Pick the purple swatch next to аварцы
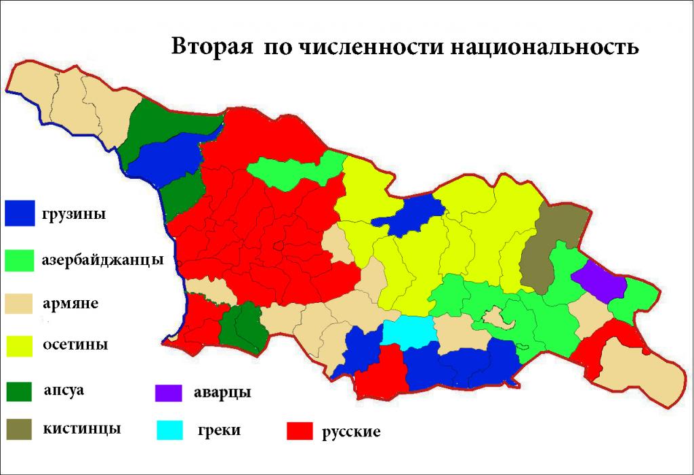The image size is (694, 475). (x=169, y=392)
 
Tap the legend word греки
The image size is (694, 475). (x=220, y=430)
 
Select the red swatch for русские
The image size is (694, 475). (x=299, y=430)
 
